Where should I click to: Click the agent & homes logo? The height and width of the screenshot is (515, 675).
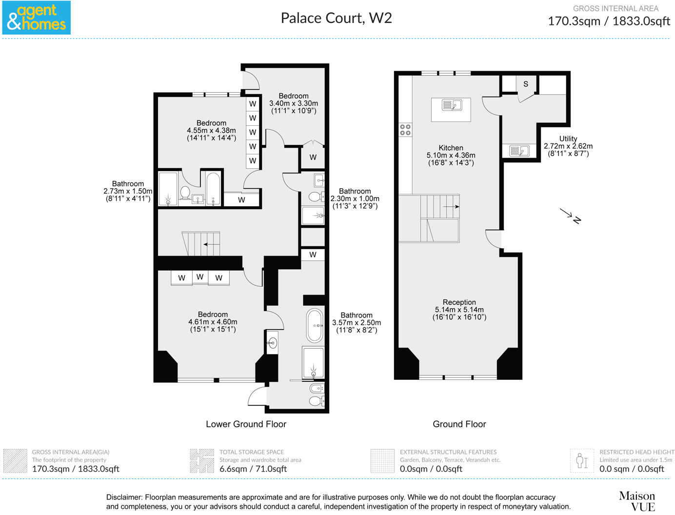[36, 18]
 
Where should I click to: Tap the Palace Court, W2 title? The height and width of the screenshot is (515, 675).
[336, 18]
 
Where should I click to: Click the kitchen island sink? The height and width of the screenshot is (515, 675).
[452, 105]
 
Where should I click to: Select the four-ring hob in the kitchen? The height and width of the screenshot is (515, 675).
[405, 130]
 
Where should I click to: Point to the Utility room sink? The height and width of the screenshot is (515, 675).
[519, 151]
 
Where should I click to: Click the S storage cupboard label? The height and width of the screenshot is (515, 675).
[526, 84]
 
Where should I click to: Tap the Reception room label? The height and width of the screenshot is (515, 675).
[459, 302]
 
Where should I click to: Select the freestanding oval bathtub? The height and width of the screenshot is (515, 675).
[315, 326]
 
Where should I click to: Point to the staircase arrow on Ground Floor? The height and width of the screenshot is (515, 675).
[451, 207]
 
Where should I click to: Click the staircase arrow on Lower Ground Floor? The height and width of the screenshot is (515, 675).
[212, 244]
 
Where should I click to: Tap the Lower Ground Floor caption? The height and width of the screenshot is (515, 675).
[246, 424]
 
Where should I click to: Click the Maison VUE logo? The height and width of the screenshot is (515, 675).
[637, 501]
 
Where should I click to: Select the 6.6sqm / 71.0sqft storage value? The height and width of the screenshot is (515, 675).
[253, 469]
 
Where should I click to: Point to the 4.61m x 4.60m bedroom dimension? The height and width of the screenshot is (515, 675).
[213, 321]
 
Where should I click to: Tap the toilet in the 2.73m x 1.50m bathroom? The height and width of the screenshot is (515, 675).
[185, 193]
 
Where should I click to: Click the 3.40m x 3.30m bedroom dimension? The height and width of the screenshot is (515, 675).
[294, 103]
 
